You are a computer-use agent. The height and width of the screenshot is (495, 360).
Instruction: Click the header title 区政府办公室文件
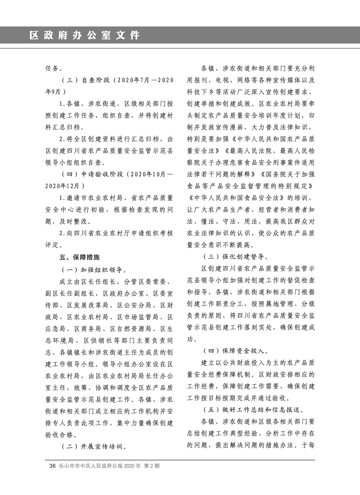[x=84, y=35]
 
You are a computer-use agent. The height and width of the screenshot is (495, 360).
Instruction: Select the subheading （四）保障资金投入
[x=235, y=351]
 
